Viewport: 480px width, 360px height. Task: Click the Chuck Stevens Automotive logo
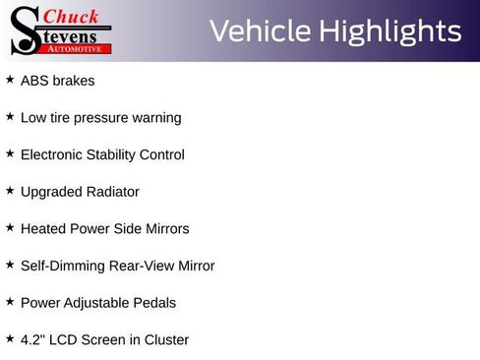[59, 30]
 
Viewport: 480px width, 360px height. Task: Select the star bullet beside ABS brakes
[10, 80]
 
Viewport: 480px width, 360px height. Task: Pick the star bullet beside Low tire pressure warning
[10, 116]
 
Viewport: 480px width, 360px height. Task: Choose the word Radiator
[113, 192]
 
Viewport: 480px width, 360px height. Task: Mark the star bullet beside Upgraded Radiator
[10, 190]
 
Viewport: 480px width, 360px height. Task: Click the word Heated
[43, 228]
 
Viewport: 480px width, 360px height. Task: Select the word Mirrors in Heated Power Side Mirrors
[164, 228]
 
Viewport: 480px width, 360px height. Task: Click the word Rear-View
[134, 266]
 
